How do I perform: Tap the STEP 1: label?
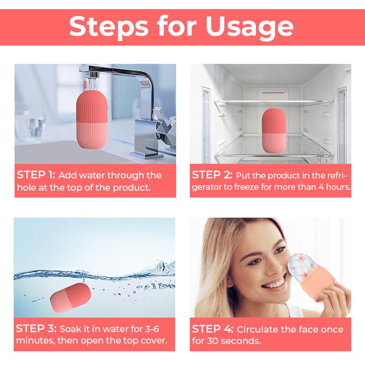pyautogui.click(x=36, y=175)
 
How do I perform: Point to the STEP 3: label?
pyautogui.click(x=36, y=329)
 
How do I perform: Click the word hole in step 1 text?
pyautogui.click(x=26, y=187)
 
